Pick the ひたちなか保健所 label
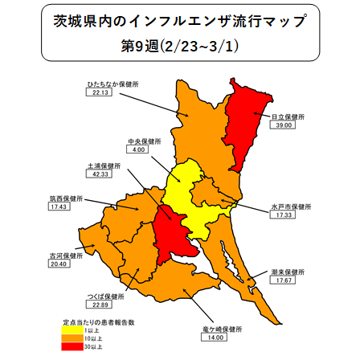(113, 83)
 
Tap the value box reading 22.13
(100, 92)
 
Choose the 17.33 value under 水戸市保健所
(280, 216)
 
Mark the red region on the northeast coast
(249, 121)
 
